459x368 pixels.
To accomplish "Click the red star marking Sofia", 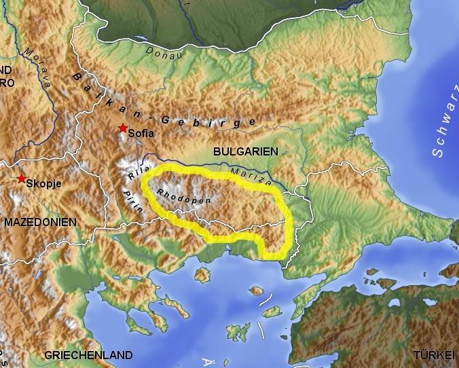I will (122, 128).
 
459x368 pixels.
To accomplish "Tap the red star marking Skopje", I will (22, 179).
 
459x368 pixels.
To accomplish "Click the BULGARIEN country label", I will (245, 152).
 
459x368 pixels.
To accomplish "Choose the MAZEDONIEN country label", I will (39, 222).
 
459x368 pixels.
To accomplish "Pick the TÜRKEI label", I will (433, 355).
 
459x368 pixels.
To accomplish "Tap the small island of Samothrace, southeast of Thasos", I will (256, 291).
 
